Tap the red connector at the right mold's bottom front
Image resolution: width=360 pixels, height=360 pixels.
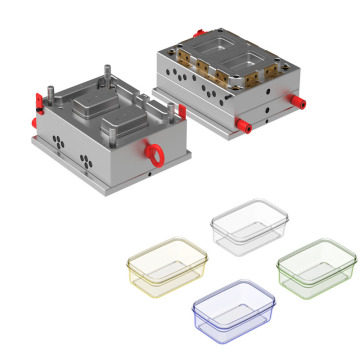(x=243, y=126)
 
